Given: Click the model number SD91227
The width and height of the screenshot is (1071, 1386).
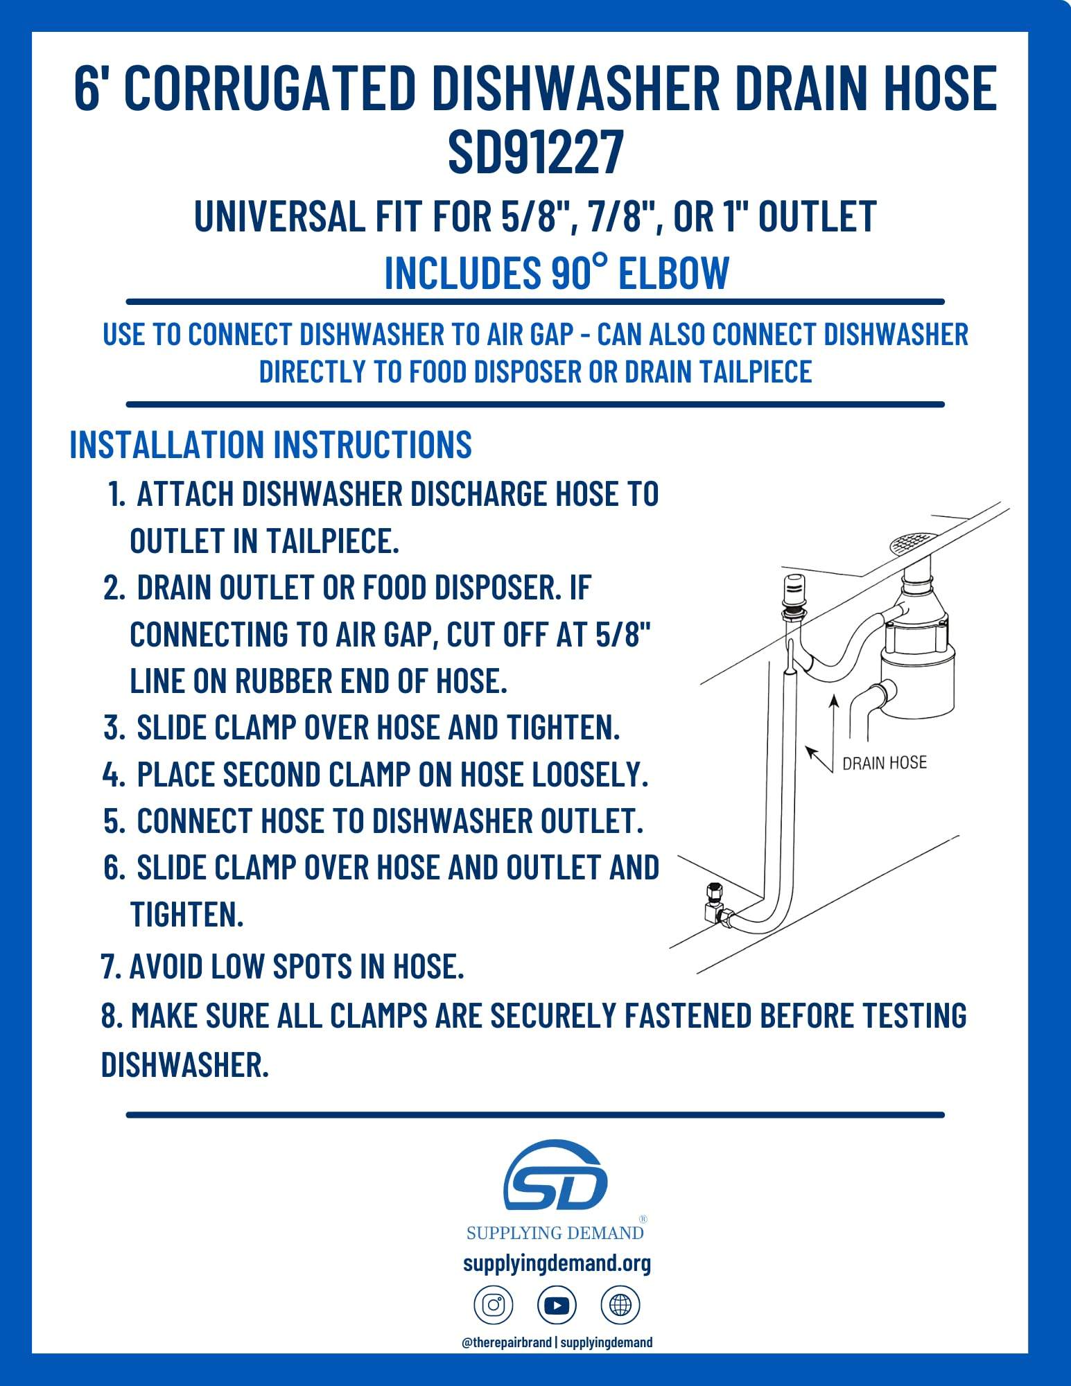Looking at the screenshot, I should click(x=535, y=152).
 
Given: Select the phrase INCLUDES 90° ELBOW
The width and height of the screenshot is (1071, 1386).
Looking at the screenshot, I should click(x=556, y=272).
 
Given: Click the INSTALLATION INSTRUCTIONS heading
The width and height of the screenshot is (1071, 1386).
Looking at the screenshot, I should click(x=270, y=444).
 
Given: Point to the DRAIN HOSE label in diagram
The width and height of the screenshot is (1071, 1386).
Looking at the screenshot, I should click(x=884, y=763).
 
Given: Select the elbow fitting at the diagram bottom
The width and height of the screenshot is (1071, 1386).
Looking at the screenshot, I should click(x=714, y=904).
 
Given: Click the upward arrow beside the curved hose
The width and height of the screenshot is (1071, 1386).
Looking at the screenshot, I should click(x=834, y=721).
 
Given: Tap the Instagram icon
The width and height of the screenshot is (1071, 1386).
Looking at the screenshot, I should click(x=493, y=1306).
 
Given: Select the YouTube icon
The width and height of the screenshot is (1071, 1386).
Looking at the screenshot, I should click(x=557, y=1306).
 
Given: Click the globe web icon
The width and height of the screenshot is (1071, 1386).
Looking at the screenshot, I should click(x=620, y=1306).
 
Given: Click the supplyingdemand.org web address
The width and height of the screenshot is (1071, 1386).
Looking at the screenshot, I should click(x=557, y=1263).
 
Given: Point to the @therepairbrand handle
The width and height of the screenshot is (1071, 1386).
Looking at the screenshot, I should click(x=507, y=1342).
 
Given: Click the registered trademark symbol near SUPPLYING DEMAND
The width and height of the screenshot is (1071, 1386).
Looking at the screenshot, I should click(x=643, y=1219).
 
